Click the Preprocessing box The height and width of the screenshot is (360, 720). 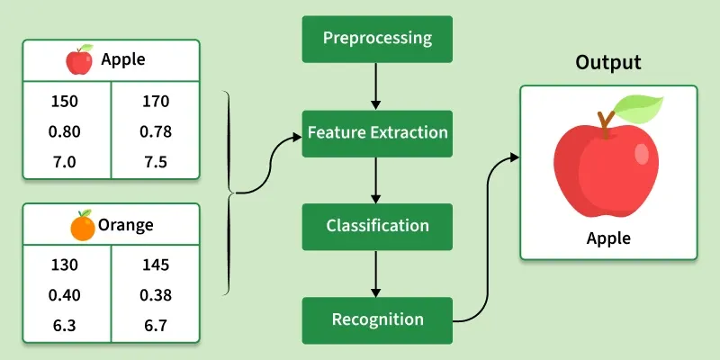(x=378, y=40)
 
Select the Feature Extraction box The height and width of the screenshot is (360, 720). (x=378, y=133)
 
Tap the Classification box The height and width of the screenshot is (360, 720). (x=378, y=225)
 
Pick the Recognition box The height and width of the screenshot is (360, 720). (x=378, y=319)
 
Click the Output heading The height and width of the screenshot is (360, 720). (x=609, y=63)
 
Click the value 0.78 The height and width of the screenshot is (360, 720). (x=155, y=132)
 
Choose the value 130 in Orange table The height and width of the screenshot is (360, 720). (x=65, y=266)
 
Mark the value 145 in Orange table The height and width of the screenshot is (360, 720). (x=155, y=266)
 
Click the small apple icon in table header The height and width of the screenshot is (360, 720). (x=80, y=60)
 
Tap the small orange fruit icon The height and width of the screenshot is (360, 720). (x=82, y=225)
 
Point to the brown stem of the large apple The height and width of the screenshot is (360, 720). (x=609, y=122)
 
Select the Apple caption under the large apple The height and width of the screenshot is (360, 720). (x=609, y=238)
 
